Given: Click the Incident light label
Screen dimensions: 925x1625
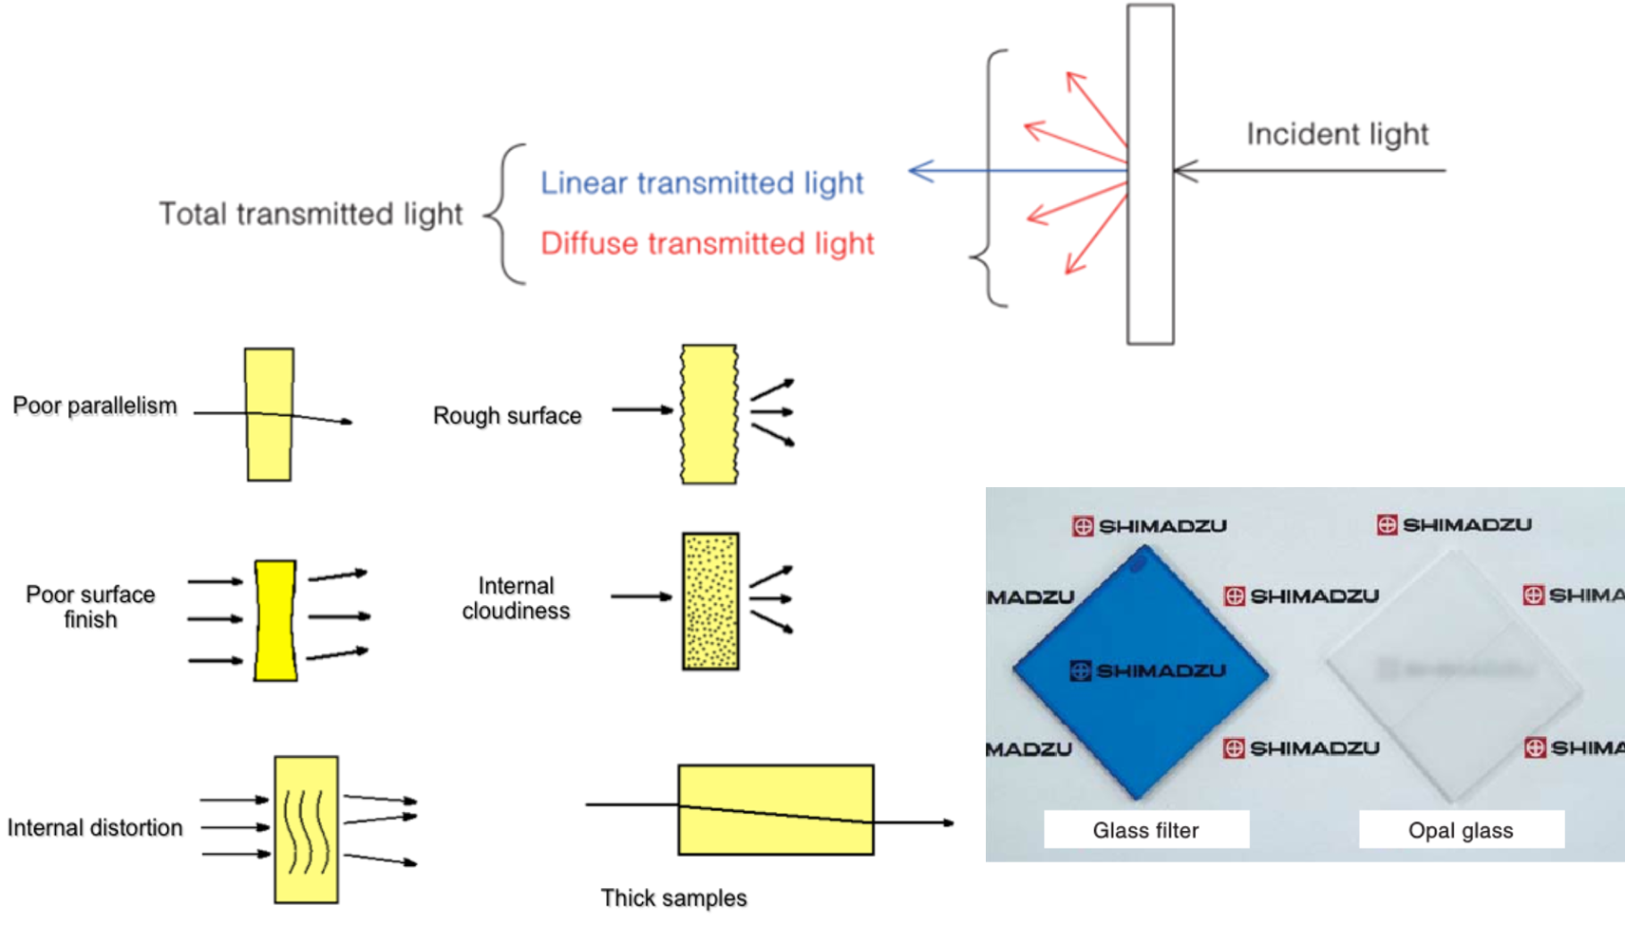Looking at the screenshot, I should pos(1336,135).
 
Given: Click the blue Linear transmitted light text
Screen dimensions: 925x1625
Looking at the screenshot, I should pos(702,182).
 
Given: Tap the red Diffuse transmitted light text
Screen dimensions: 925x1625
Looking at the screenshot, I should pos(707,243).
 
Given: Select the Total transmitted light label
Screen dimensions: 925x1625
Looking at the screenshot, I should pos(311,214).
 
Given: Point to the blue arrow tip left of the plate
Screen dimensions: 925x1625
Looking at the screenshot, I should pos(914,171).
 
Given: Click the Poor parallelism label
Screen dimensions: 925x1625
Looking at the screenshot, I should pos(95,406).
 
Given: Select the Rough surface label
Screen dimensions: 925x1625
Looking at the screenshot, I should pos(507,416).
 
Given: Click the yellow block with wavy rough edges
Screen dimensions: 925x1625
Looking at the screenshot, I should pos(709,414).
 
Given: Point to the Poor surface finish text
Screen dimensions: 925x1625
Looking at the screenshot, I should pos(90,607).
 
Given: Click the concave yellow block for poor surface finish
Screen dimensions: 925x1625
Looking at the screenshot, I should pos(275,620).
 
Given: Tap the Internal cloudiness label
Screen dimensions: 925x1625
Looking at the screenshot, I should pos(516,598).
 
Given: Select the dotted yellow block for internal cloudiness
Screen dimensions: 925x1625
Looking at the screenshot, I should pos(709,601).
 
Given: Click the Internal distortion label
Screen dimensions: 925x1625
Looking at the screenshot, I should pos(95,828).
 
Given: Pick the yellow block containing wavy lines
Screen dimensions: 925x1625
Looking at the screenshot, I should pos(306,829).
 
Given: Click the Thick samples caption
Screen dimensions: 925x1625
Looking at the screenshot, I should pos(673,897).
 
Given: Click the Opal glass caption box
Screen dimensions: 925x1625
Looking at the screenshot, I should pos(1461,830).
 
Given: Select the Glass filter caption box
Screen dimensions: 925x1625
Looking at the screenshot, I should pos(1145,830).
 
